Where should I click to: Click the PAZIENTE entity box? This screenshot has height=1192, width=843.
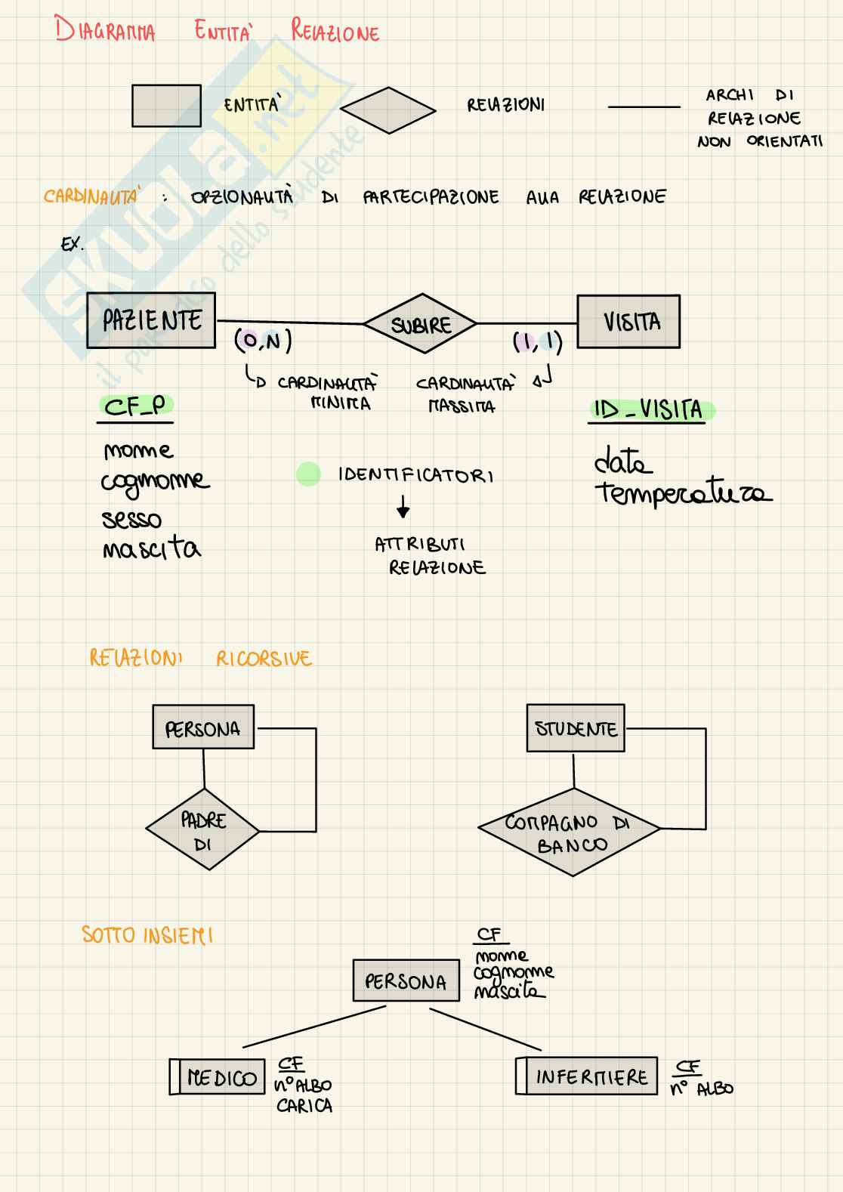coord(151,320)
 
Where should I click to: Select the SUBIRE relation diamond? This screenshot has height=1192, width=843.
coord(420,324)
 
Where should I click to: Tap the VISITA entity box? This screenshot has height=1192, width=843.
coord(628,322)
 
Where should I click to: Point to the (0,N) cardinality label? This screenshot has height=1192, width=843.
coord(263,341)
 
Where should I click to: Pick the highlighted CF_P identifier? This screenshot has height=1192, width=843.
coord(134,407)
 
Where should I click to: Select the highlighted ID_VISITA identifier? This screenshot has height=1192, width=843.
coord(648,410)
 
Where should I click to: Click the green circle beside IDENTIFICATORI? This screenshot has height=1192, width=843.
coord(308,474)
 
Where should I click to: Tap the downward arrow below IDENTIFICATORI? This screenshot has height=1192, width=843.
coord(403,507)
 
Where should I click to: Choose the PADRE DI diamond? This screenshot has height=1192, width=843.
coord(202,831)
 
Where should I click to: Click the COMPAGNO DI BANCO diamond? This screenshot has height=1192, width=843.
coord(570,832)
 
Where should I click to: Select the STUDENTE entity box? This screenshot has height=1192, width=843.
coord(576,728)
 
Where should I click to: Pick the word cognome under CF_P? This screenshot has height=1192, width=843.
coord(156,482)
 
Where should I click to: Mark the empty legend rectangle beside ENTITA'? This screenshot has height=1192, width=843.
coord(166,106)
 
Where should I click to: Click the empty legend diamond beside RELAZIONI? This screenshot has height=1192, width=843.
coord(388,110)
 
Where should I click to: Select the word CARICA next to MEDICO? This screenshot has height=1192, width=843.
coord(304,1106)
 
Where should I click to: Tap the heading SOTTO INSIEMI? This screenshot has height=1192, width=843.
coord(147,935)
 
